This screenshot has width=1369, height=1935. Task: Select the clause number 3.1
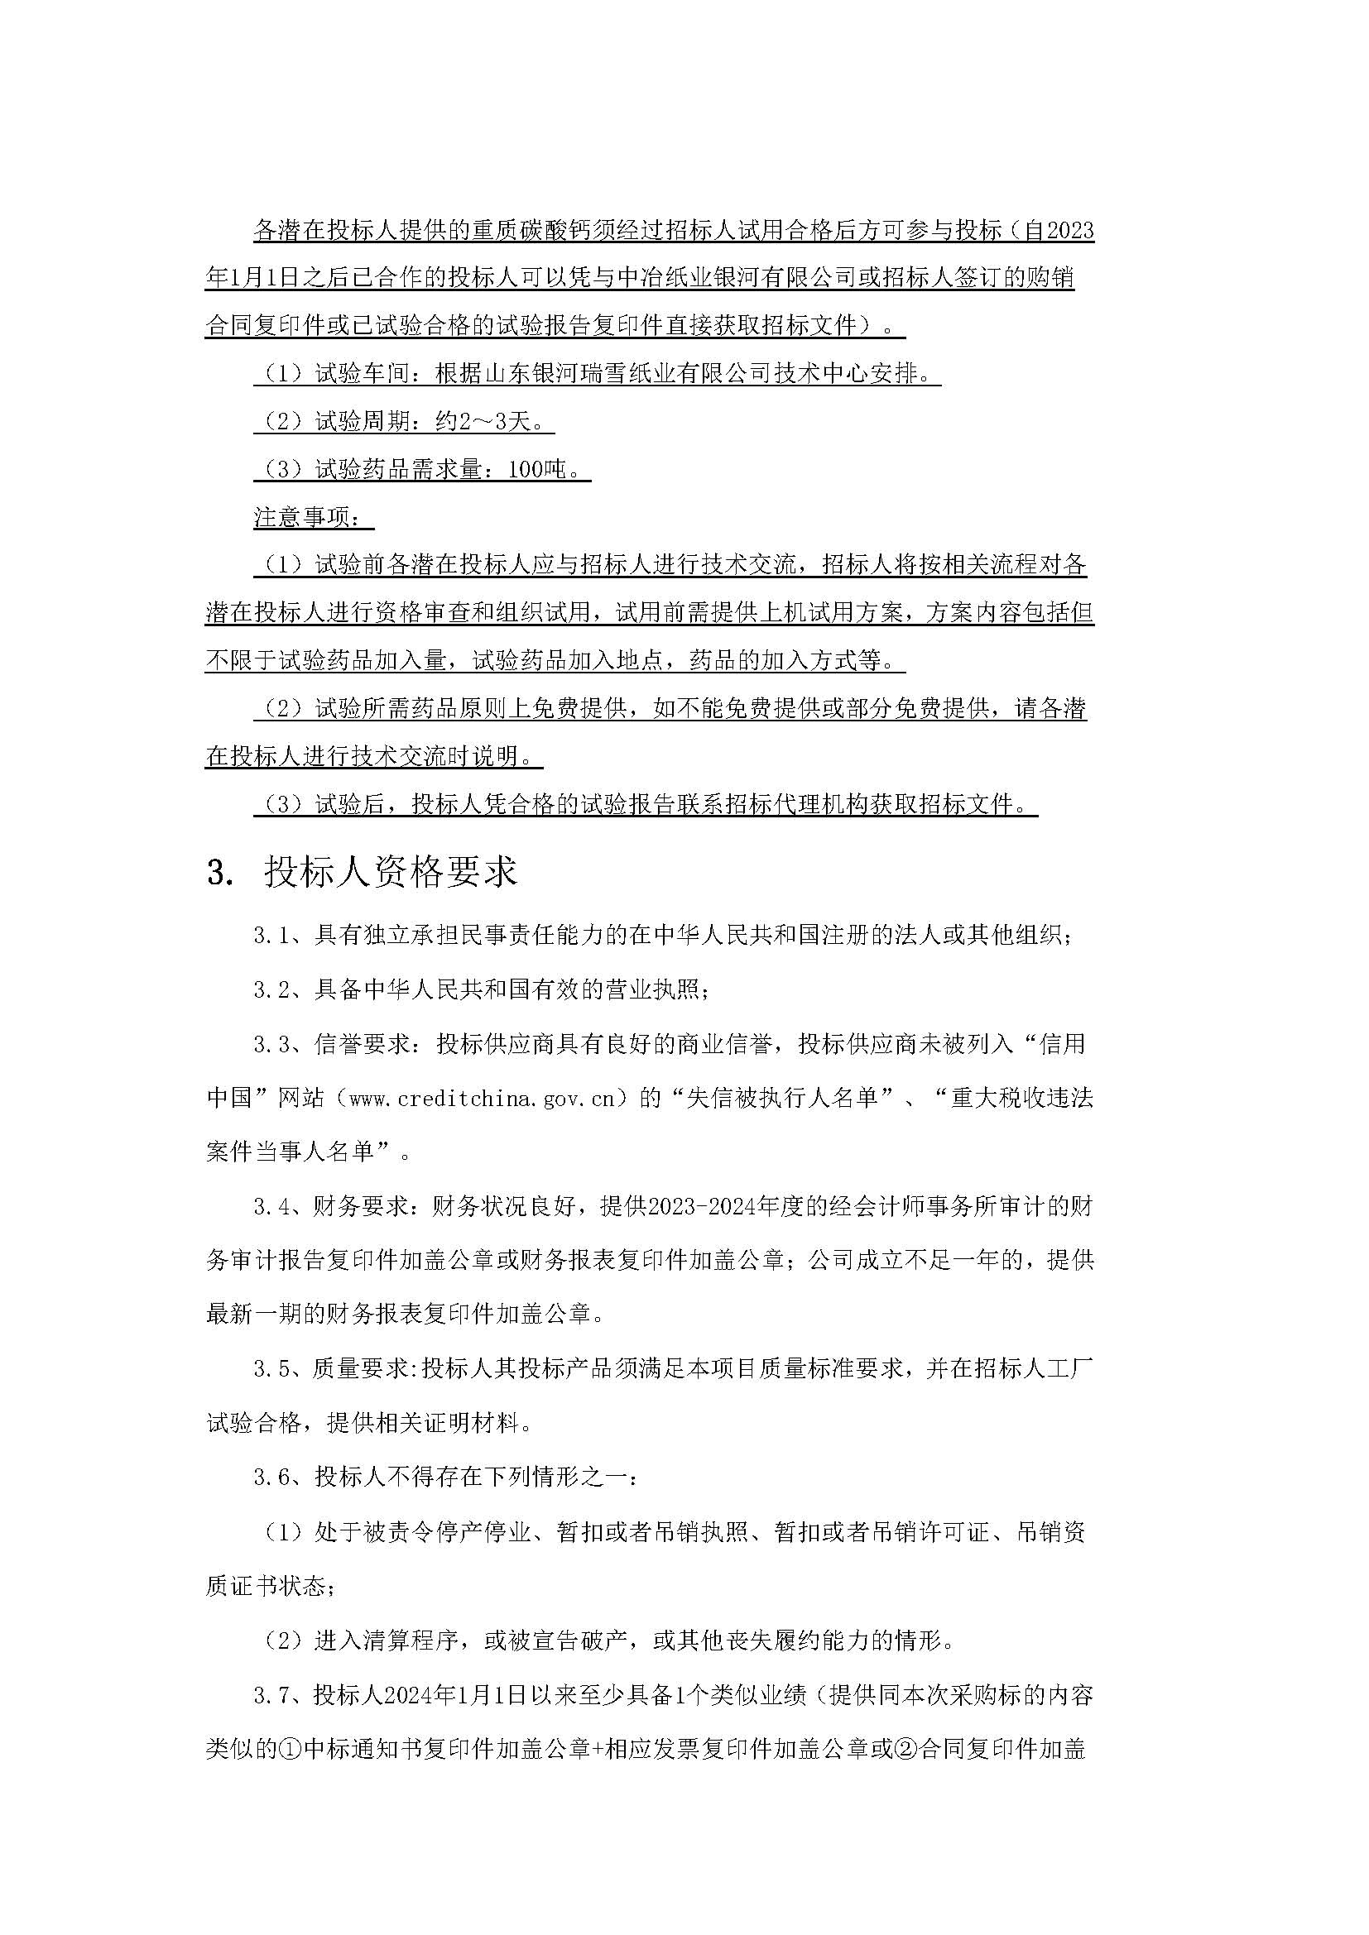[271, 936]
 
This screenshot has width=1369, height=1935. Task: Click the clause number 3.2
[271, 989]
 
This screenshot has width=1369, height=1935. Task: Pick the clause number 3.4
[271, 1207]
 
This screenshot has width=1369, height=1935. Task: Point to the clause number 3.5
[271, 1368]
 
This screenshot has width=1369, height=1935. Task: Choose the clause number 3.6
[271, 1477]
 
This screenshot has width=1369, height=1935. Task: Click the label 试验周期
[363, 420]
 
